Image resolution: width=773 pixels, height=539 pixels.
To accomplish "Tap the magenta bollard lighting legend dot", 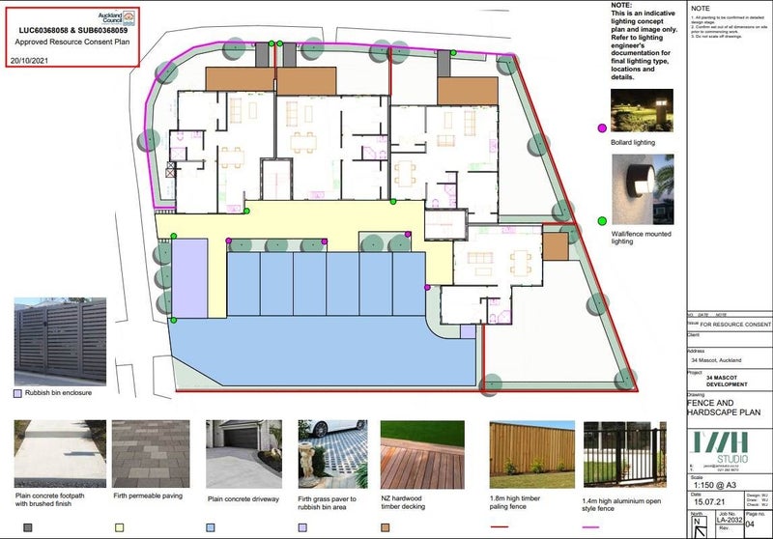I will click(x=602, y=128).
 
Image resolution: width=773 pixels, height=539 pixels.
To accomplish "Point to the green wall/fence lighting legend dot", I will click(x=602, y=221).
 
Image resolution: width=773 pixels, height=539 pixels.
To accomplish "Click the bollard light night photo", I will click(x=642, y=110).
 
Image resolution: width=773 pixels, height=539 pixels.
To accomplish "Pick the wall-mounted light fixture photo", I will click(x=642, y=189).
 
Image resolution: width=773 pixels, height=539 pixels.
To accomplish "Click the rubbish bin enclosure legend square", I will click(x=17, y=394).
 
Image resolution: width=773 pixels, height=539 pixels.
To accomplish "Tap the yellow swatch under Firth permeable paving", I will click(x=119, y=527).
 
